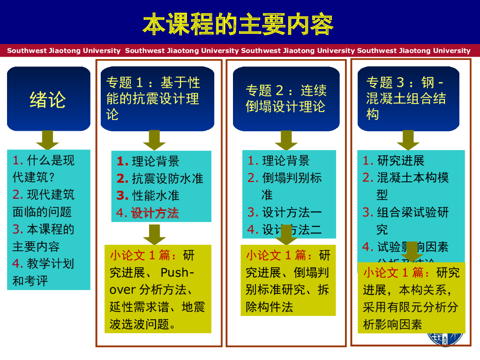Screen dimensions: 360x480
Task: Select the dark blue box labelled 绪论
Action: click(x=48, y=99)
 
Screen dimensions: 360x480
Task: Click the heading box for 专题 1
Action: click(x=157, y=99)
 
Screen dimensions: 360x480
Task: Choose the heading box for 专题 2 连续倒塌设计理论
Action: click(x=286, y=99)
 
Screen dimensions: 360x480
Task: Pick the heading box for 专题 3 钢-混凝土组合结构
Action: click(x=408, y=99)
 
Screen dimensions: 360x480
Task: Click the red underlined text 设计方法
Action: click(x=155, y=213)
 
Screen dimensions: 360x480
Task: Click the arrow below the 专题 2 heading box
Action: click(x=286, y=140)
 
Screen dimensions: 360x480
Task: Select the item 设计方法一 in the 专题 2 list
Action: click(x=292, y=213)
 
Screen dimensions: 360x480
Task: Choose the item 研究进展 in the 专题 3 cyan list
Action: click(x=401, y=161)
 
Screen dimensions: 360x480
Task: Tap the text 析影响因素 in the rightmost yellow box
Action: click(x=393, y=324)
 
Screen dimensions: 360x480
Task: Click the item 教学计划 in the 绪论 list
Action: click(x=51, y=263)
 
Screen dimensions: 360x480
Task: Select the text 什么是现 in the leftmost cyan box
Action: click(x=51, y=160)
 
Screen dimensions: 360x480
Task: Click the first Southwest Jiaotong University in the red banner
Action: click(x=64, y=51)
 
